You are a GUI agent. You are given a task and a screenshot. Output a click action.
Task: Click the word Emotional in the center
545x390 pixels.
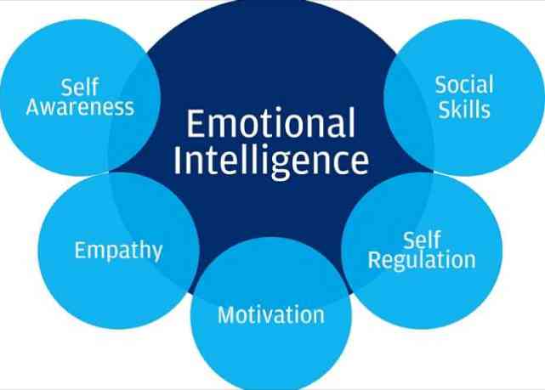[270, 123]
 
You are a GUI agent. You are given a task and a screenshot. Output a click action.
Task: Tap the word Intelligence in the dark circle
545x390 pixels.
[271, 161]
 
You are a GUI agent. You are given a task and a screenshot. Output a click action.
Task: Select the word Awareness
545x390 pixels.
[80, 107]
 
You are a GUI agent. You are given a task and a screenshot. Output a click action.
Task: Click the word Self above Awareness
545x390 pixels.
[80, 87]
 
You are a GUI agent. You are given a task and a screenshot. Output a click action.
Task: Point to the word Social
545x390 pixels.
[464, 85]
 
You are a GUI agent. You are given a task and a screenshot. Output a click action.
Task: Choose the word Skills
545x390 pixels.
[464, 110]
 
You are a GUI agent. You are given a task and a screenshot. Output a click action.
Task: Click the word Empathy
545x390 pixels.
[118, 250]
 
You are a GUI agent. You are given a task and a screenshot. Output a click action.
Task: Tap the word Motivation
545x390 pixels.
[271, 315]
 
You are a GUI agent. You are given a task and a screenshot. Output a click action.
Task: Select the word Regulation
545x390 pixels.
[422, 260]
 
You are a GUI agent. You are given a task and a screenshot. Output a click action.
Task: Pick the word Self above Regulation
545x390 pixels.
[422, 240]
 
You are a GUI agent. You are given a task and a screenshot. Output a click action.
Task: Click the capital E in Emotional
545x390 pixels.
[196, 124]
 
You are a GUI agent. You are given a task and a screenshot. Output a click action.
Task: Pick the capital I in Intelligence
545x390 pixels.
[177, 161]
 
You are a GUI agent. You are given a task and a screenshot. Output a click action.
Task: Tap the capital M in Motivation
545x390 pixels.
[227, 315]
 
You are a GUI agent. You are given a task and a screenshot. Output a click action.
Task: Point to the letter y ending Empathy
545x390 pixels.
[156, 252]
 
